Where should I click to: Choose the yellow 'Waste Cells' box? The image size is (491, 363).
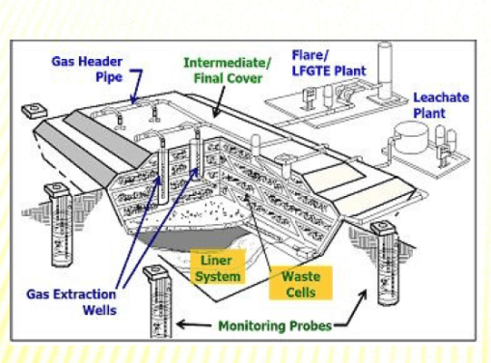(x=300, y=282)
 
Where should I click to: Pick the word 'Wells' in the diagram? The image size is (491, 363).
(x=99, y=310)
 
